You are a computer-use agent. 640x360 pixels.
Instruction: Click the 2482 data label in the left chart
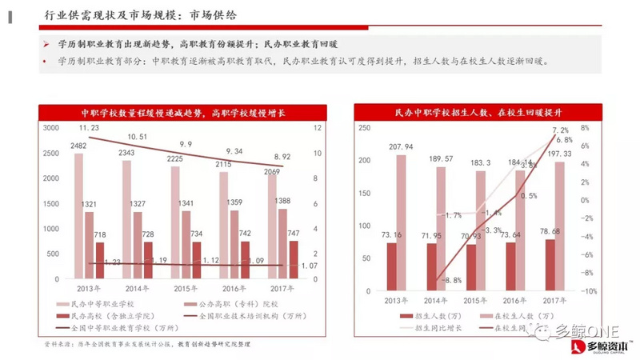pyautogui.click(x=78, y=146)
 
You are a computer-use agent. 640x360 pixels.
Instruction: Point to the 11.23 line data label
pyautogui.click(x=88, y=128)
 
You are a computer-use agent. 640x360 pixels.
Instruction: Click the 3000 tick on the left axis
pyautogui.click(x=50, y=128)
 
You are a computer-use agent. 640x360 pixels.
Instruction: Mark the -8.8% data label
pyautogui.click(x=450, y=280)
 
